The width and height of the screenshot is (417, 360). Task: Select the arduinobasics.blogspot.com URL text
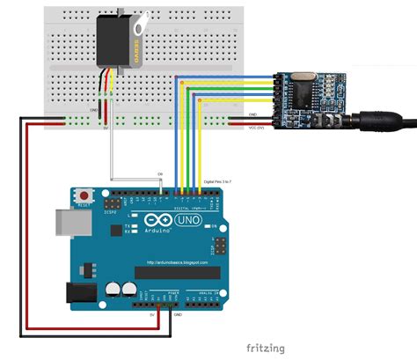tap(176, 261)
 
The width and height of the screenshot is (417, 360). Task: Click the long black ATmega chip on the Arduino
tap(177, 271)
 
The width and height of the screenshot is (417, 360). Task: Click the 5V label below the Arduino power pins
tap(151, 312)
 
